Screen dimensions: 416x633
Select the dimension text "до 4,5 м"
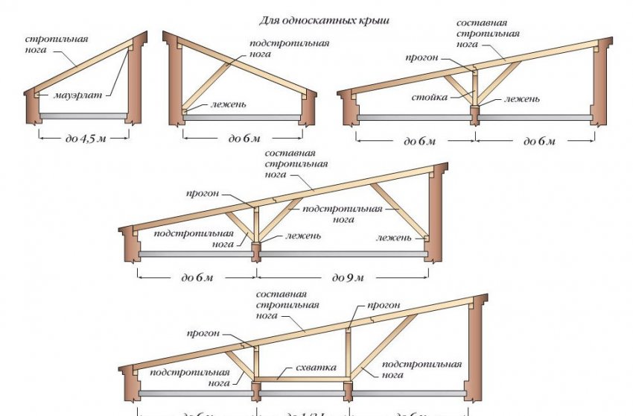[83, 139]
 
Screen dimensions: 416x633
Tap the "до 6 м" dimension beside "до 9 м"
[197, 277]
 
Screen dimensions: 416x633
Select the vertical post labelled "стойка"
[474, 93]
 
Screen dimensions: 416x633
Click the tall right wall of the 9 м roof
[435, 209]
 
